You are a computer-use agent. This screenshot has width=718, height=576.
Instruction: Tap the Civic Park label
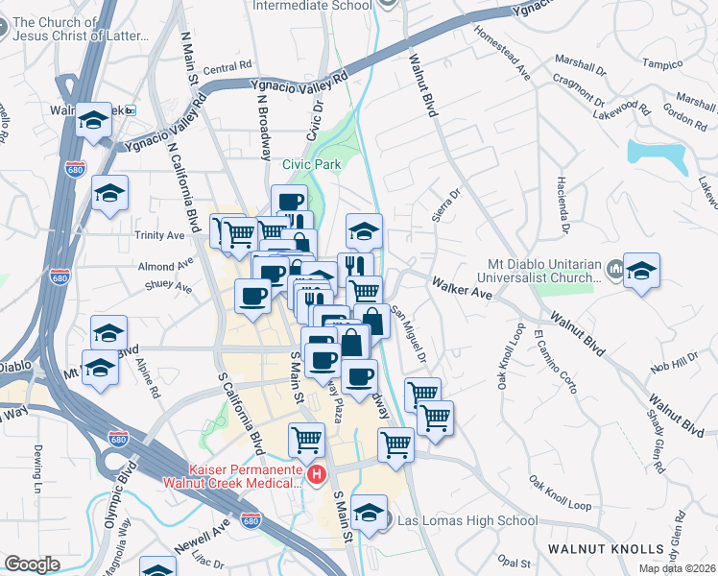(x=311, y=164)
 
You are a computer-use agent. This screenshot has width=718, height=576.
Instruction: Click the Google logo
(x=33, y=564)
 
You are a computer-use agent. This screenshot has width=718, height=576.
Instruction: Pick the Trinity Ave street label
(x=160, y=235)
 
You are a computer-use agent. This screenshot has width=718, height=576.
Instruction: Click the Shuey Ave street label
(x=142, y=285)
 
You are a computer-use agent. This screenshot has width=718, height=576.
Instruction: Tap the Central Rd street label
(x=227, y=68)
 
